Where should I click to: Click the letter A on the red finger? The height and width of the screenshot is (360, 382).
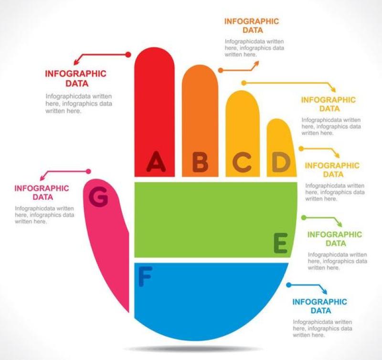click(x=156, y=161)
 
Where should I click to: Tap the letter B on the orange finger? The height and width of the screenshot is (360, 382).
click(x=200, y=162)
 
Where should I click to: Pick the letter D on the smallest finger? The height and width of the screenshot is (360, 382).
click(x=281, y=162)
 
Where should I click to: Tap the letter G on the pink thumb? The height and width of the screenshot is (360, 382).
click(x=98, y=197)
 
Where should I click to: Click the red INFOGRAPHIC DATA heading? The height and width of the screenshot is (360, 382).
click(x=75, y=78)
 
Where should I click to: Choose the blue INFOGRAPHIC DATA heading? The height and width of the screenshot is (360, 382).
click(x=319, y=307)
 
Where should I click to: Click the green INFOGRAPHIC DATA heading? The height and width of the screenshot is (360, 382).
click(x=335, y=239)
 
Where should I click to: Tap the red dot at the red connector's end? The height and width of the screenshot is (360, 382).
click(x=128, y=54)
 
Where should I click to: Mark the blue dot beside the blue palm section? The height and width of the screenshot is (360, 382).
click(x=288, y=285)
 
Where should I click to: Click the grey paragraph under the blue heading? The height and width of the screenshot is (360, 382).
click(x=322, y=328)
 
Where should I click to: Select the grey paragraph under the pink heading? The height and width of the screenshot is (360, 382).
click(x=44, y=215)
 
